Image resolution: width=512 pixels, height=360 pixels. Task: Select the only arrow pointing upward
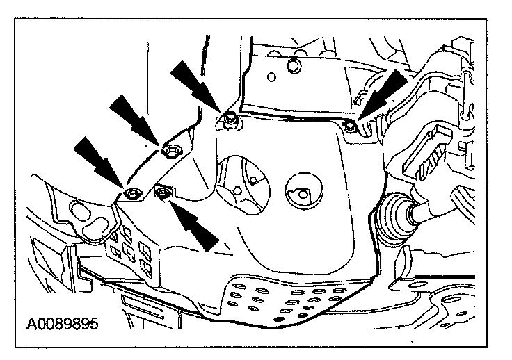click(x=198, y=224)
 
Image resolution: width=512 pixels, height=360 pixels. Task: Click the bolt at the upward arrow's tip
click(x=164, y=193)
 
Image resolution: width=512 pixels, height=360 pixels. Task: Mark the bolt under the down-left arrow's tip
click(x=350, y=124)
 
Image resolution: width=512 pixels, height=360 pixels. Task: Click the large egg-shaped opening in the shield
click(x=239, y=183)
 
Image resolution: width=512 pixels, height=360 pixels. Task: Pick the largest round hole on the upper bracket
click(x=294, y=65)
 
